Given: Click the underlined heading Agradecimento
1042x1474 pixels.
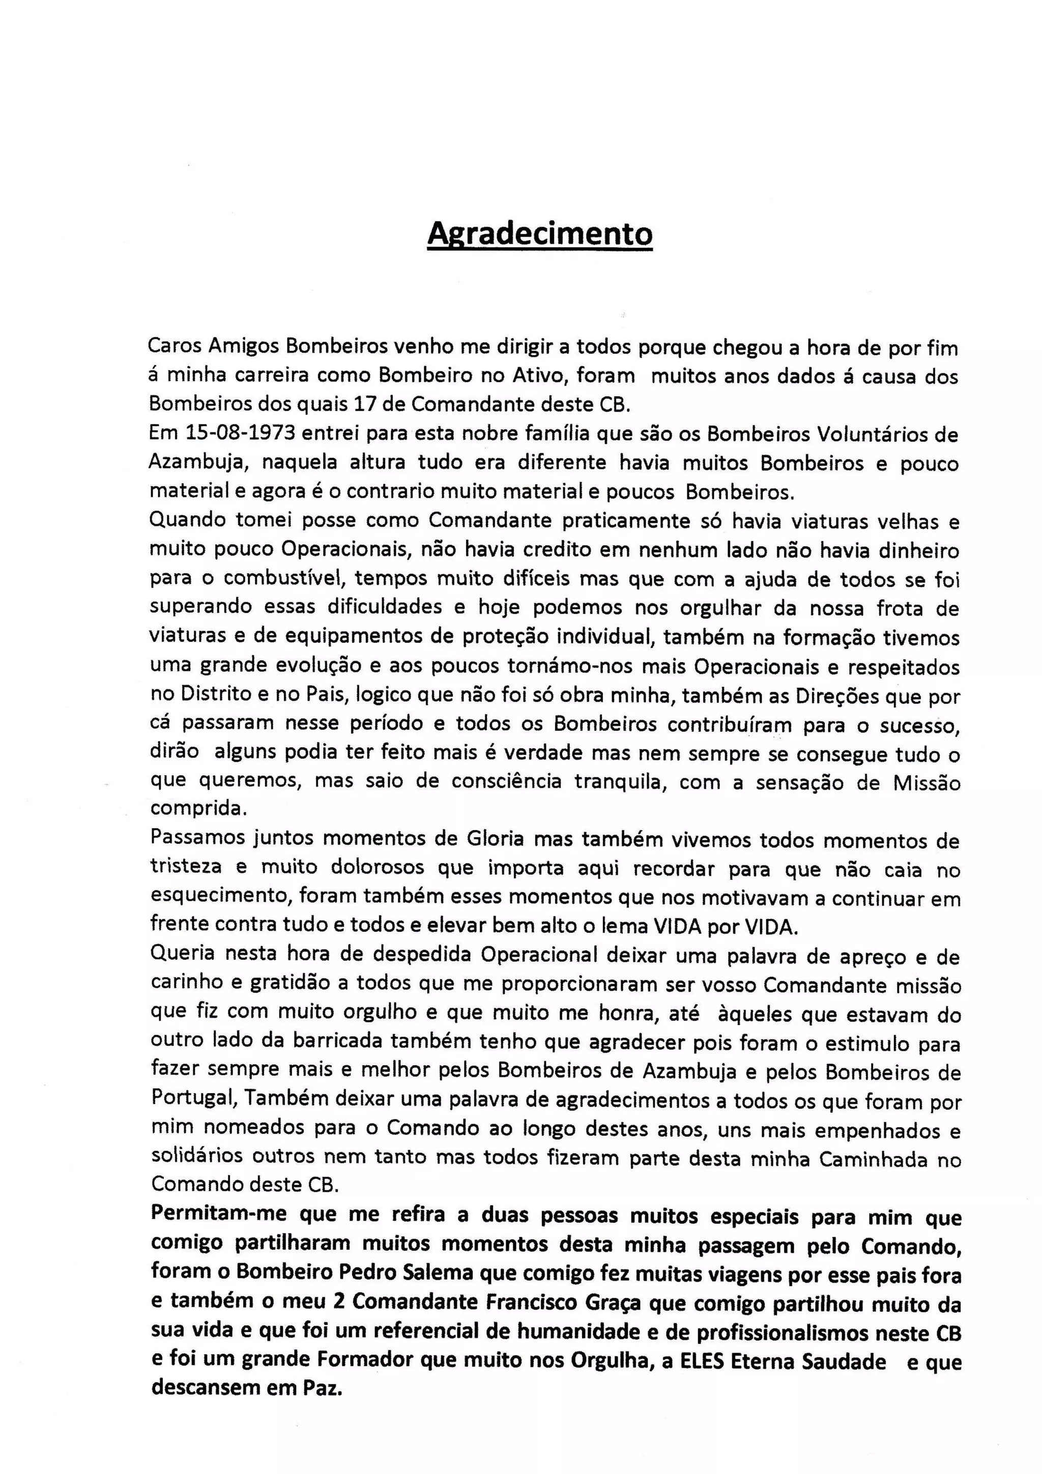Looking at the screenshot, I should coord(539,233).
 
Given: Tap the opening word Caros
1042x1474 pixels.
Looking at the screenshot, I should coord(173,347).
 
